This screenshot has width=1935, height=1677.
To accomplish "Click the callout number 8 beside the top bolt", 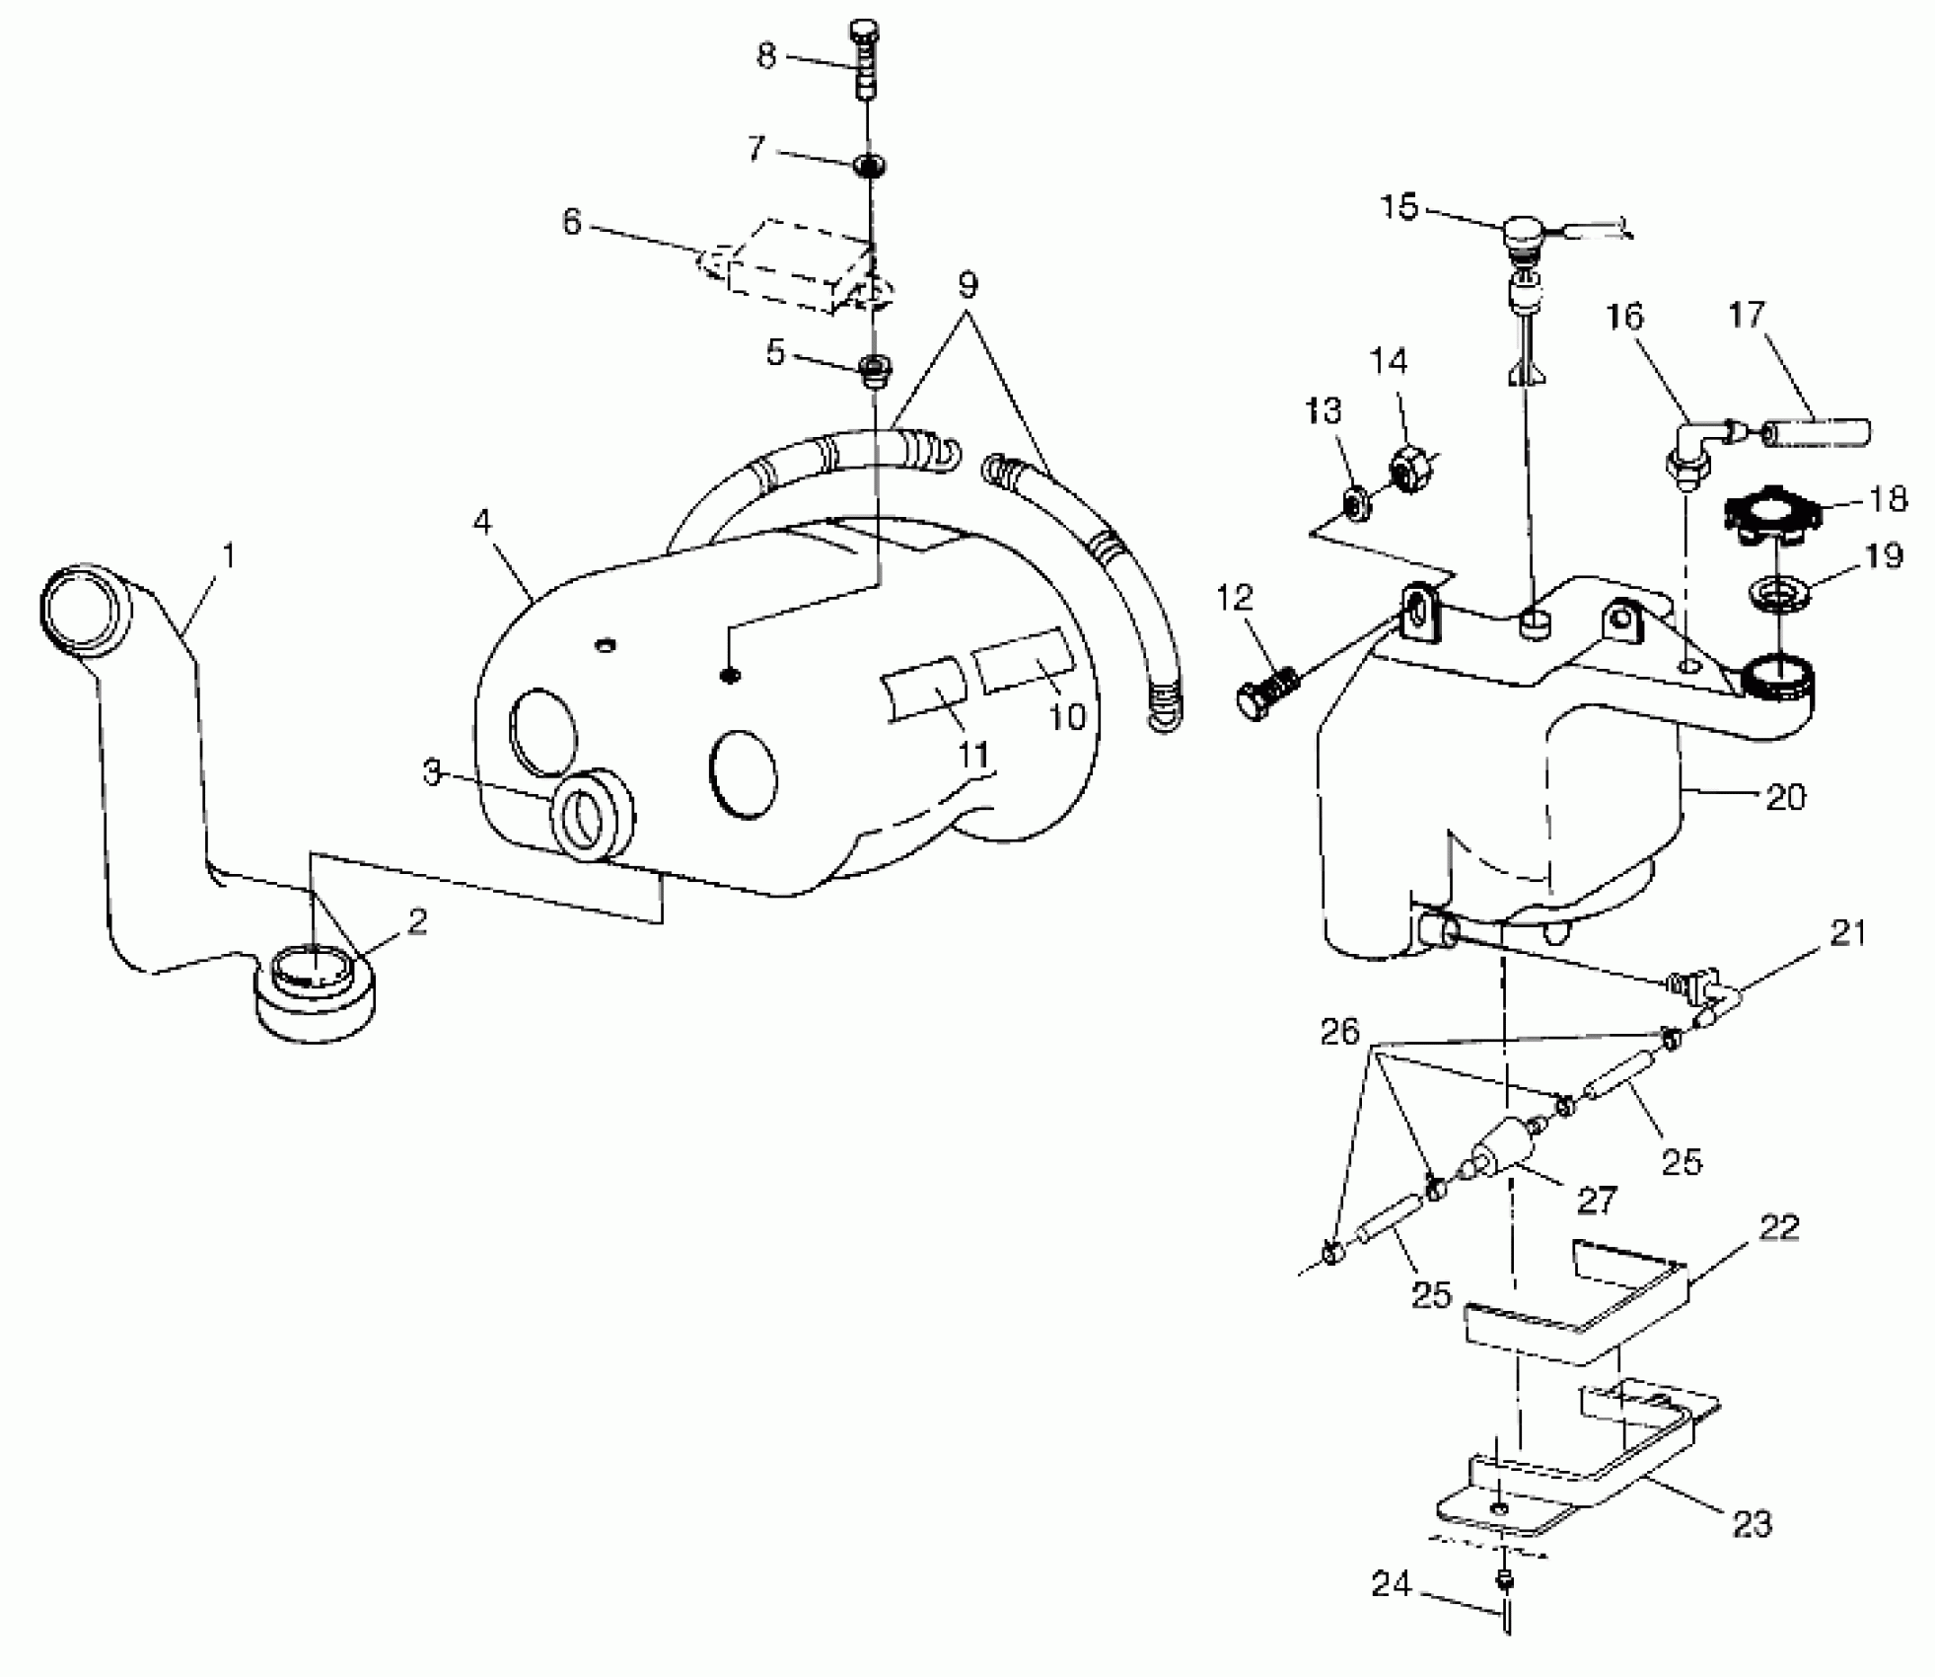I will tap(766, 55).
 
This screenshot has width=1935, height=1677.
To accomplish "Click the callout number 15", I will tap(1398, 208).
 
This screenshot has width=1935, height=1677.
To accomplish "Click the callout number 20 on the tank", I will tap(1785, 796).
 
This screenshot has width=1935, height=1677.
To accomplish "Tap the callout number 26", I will tap(1340, 1033).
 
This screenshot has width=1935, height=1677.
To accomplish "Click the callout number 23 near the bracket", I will tap(1753, 1524).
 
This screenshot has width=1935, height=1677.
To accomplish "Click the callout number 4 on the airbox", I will tap(481, 521).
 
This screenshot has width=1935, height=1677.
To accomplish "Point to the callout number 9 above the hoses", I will tap(967, 286).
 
